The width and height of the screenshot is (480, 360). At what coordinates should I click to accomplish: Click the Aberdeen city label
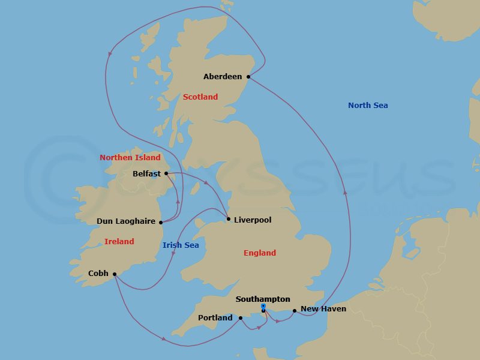coord(223,77)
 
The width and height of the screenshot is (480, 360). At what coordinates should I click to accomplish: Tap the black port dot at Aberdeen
coord(248,77)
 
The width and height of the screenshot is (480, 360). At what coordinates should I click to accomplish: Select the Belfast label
coord(147,174)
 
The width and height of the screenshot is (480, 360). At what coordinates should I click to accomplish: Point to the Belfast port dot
coord(166,173)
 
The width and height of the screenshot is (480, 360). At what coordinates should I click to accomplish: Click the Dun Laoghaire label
coord(126,221)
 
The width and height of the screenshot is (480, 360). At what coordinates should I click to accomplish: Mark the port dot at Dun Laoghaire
coord(161,222)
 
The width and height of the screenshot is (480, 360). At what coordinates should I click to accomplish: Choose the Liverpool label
coord(253,220)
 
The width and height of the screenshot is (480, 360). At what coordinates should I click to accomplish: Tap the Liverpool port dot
coord(229,219)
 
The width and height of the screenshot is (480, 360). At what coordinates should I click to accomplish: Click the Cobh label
coord(98,274)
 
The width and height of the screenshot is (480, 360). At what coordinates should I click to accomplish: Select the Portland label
coord(215,318)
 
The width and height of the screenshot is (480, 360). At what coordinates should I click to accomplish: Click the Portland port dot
coord(240,318)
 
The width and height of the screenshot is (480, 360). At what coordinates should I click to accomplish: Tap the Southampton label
coord(263,299)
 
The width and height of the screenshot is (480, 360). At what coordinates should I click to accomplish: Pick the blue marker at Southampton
coord(263,307)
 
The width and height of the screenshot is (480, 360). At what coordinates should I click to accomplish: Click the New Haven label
coord(323,310)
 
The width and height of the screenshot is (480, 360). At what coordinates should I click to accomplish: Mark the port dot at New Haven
coord(294,311)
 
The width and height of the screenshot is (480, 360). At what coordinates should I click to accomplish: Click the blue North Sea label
coord(368,106)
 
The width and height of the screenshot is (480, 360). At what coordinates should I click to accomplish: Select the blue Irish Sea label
coord(181,245)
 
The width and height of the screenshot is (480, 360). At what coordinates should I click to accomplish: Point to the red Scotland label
coord(200,97)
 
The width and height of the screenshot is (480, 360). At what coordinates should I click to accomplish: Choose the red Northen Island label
coord(130,158)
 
